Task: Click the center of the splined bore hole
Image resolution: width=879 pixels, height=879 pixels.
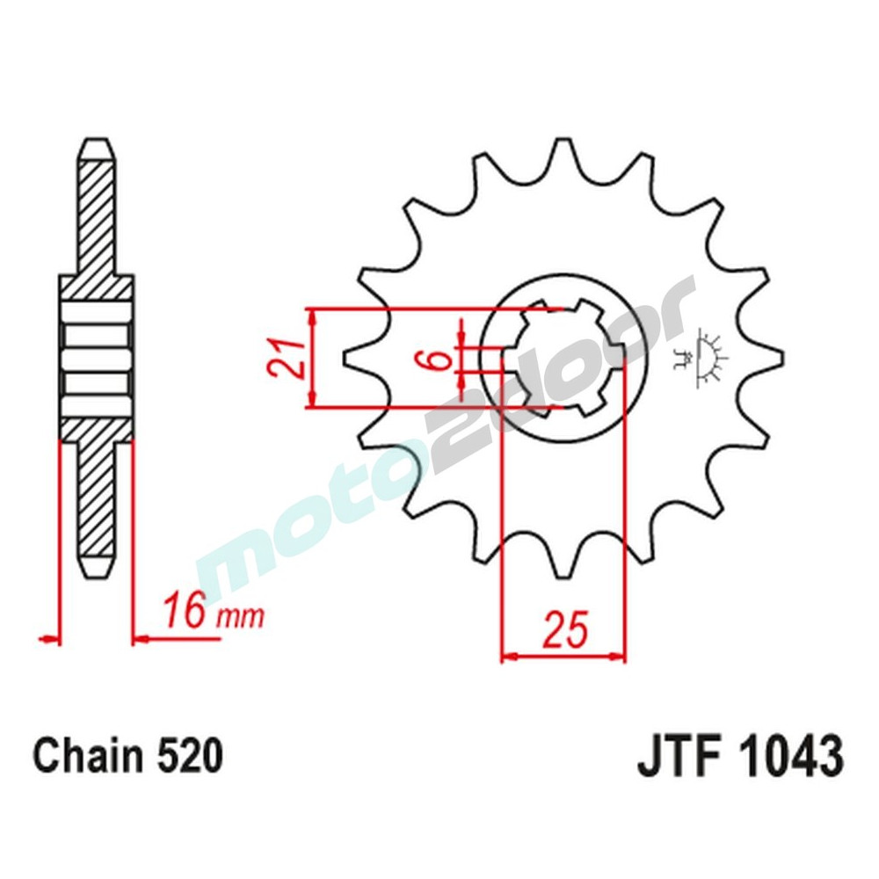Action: click(x=563, y=359)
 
